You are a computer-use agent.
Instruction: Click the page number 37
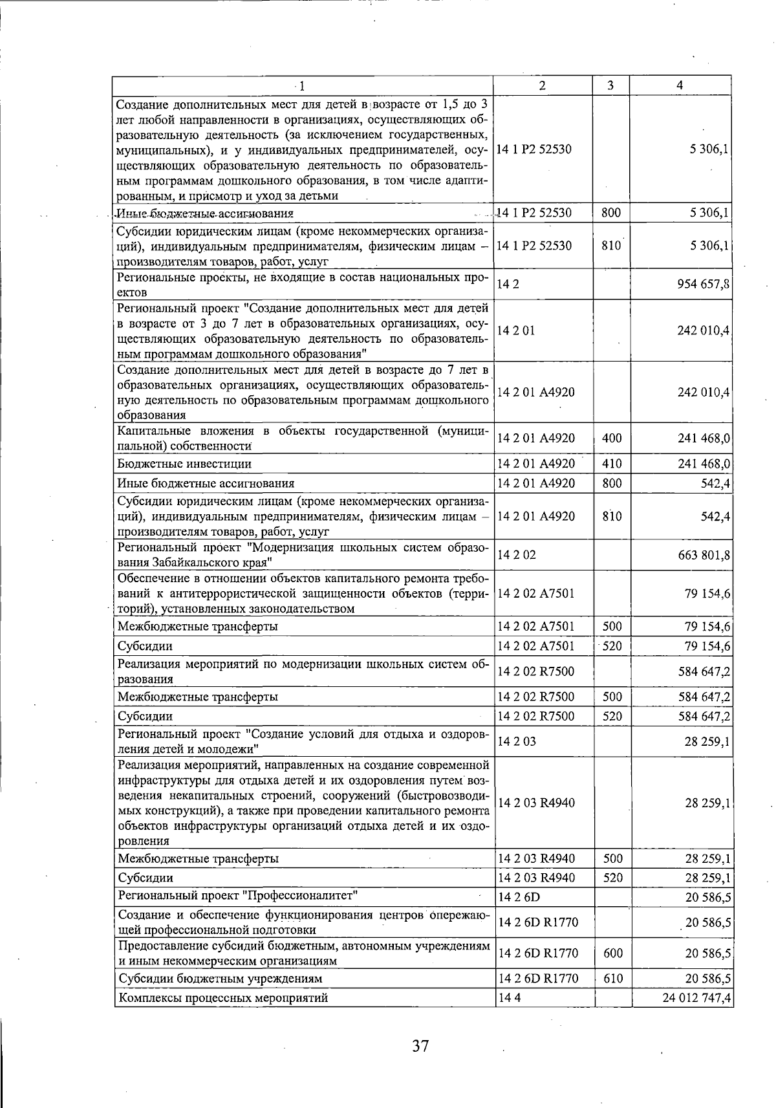tap(420, 1046)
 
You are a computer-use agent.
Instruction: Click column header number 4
tap(679, 85)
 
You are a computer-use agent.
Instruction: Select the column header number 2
tap(542, 85)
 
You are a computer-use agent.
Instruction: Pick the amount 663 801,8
tap(703, 555)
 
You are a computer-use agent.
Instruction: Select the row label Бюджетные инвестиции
tap(184, 464)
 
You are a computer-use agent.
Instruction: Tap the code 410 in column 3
tap(611, 464)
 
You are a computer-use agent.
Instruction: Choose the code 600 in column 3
tap(612, 953)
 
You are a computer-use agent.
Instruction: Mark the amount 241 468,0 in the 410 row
tap(703, 464)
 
